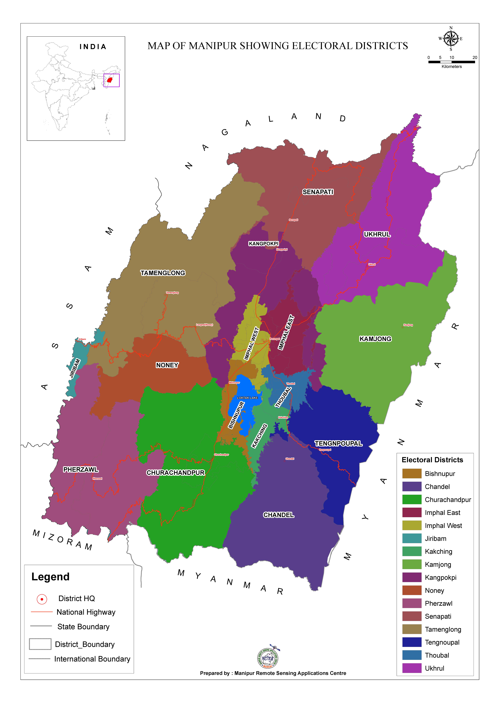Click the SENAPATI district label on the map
pos(318,192)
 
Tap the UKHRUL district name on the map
pos(377,234)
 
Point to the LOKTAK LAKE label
pos(247,398)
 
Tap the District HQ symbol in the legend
pos(42,599)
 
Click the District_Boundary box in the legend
pos(40,644)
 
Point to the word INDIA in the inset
pos(93,47)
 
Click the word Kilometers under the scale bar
pos(451,67)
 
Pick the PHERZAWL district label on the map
pos(81,469)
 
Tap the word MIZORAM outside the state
pos(62,540)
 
